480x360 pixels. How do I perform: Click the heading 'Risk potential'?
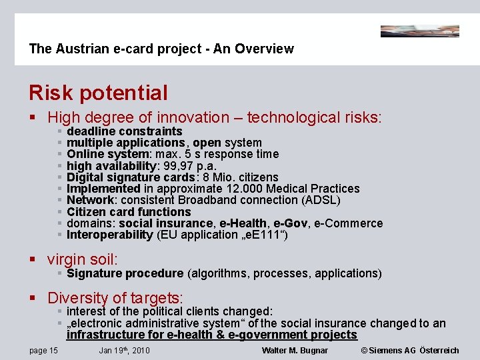pyautogui.click(x=98, y=93)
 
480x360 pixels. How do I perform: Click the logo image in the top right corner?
pyautogui.click(x=419, y=31)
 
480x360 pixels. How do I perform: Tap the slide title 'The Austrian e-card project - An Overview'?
pyautogui.click(x=161, y=49)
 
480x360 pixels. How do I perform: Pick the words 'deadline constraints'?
pyautogui.click(x=125, y=131)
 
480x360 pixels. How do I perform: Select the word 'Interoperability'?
pyautogui.click(x=110, y=235)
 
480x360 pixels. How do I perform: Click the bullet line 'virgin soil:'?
pyautogui.click(x=82, y=259)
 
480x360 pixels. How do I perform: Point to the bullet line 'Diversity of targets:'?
pyautogui.click(x=115, y=297)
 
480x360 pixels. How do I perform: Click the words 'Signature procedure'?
pyautogui.click(x=125, y=273)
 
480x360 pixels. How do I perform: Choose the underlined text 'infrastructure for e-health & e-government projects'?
pyautogui.click(x=212, y=335)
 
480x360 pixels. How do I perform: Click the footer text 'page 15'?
pyautogui.click(x=43, y=351)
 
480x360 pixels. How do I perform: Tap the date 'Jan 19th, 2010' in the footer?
pyautogui.click(x=124, y=351)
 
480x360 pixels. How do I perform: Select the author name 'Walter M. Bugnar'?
pyautogui.click(x=295, y=351)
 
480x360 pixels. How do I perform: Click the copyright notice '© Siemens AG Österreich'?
pyautogui.click(x=410, y=351)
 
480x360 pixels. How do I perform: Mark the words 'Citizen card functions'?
pyautogui.click(x=129, y=212)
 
